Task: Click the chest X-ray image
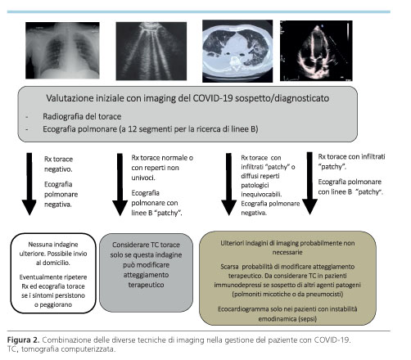coord(62,51)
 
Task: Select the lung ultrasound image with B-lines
coord(151,51)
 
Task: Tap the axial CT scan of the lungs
coord(237,51)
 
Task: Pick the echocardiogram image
coord(316,51)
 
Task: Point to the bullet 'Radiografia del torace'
coord(82,116)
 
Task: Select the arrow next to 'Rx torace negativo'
coord(29,184)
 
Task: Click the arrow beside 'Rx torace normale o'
coord(120,184)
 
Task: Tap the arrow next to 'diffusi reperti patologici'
coord(228,184)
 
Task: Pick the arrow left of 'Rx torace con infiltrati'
coord(309,183)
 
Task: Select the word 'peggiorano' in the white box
coord(56,304)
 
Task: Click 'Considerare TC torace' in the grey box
coord(146,245)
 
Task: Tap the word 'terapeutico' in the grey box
coord(146,285)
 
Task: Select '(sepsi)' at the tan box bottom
coord(308,319)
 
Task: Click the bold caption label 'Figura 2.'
coord(23,340)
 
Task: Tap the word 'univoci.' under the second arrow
coord(143,178)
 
